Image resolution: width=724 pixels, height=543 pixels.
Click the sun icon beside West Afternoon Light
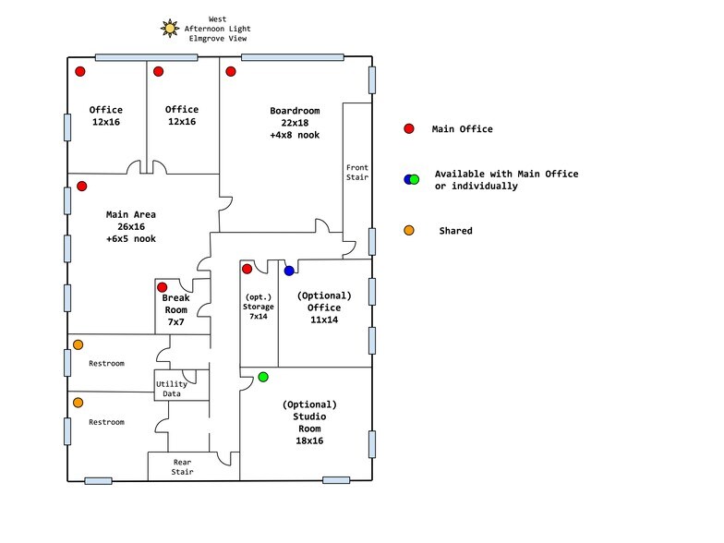pyautogui.click(x=170, y=29)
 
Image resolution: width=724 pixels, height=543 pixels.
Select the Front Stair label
pyautogui.click(x=357, y=172)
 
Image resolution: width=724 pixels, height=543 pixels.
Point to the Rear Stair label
pyautogui.click(x=183, y=467)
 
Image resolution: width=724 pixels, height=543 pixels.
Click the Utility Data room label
pyautogui.click(x=172, y=389)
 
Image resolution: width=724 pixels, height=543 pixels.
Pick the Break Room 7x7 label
pyautogui.click(x=175, y=310)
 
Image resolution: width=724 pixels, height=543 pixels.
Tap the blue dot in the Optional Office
pyautogui.click(x=289, y=271)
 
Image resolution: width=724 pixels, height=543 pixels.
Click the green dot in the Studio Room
pyautogui.click(x=263, y=377)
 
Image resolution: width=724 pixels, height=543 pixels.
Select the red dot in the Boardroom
pyautogui.click(x=231, y=72)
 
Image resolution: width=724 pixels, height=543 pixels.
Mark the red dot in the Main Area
pyautogui.click(x=81, y=187)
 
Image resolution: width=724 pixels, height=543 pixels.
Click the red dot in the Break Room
pyautogui.click(x=163, y=288)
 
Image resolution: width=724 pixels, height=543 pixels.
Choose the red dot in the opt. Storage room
pyautogui.click(x=247, y=269)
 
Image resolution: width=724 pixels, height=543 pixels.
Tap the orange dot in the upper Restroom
pyautogui.click(x=78, y=345)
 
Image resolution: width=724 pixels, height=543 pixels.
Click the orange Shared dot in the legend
pyautogui.click(x=409, y=231)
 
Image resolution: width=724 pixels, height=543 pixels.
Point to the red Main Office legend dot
pyautogui.click(x=409, y=129)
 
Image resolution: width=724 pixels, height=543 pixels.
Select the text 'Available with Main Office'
pyautogui.click(x=506, y=174)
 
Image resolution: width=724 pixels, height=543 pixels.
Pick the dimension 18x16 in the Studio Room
pyautogui.click(x=309, y=441)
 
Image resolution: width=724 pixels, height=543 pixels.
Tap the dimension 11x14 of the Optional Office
pyautogui.click(x=324, y=320)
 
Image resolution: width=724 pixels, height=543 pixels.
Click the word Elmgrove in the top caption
pyautogui.click(x=207, y=39)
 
